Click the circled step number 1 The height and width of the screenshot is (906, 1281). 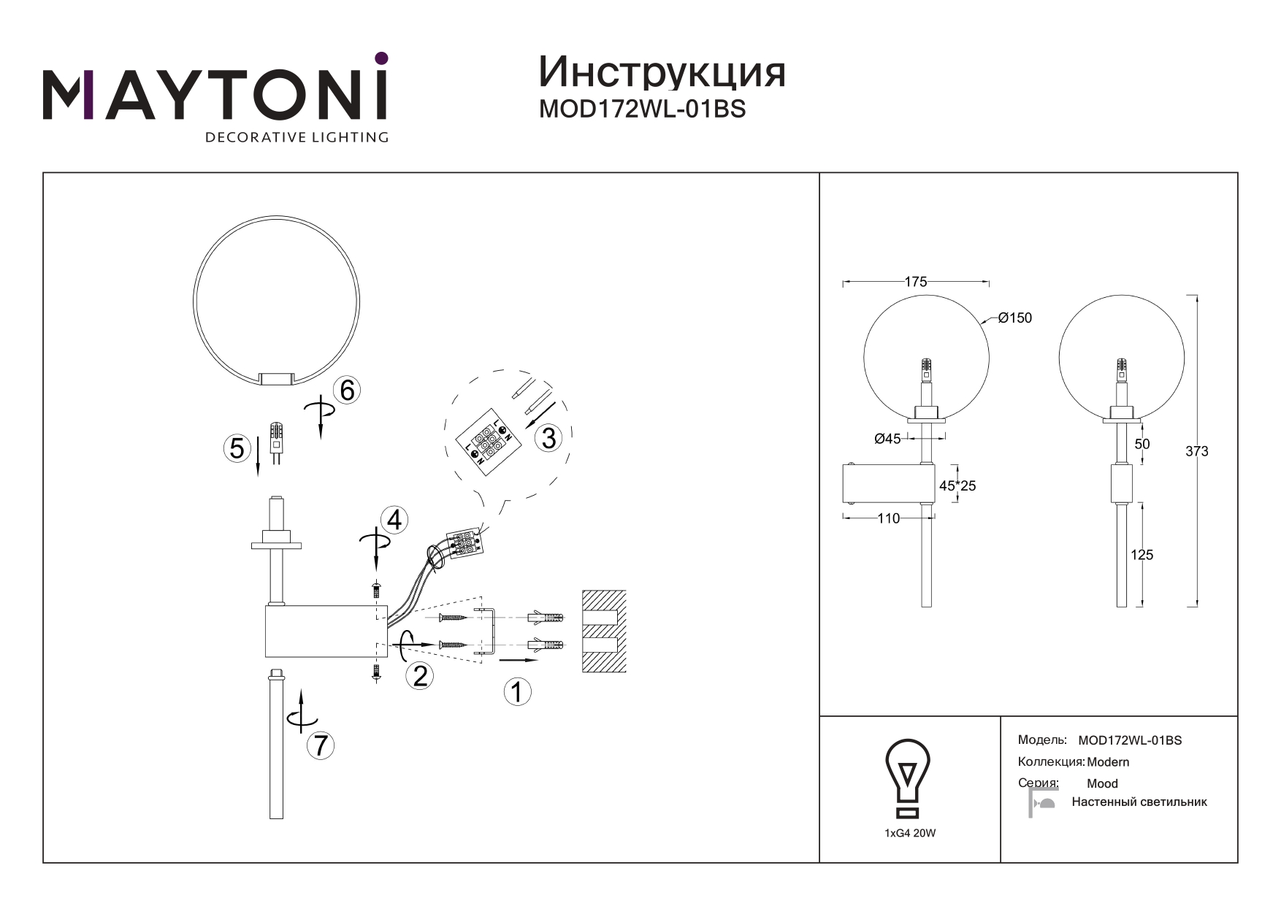tap(517, 691)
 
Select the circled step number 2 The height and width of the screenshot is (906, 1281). tap(419, 675)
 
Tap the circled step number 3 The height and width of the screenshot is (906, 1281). tap(548, 438)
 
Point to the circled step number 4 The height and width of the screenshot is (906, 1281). tap(394, 521)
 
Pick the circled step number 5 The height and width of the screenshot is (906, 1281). tap(237, 448)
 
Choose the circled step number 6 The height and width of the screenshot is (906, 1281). tap(347, 391)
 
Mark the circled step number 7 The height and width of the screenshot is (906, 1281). tap(320, 745)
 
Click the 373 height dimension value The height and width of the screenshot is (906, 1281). tap(1196, 451)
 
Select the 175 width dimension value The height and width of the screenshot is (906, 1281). tap(915, 282)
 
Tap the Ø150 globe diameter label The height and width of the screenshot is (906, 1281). tap(1014, 318)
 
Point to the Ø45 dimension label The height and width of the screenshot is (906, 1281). tap(887, 439)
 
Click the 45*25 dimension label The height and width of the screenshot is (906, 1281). tap(957, 485)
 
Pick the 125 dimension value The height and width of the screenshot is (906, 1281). tap(1142, 555)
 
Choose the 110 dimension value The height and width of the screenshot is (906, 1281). tap(888, 518)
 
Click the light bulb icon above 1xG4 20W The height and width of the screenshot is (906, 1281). tap(907, 778)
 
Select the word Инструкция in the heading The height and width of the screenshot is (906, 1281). tap(662, 72)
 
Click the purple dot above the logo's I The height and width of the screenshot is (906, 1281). tap(381, 58)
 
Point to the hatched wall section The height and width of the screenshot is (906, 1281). tap(603, 631)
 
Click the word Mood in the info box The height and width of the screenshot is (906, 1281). tap(1102, 783)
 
